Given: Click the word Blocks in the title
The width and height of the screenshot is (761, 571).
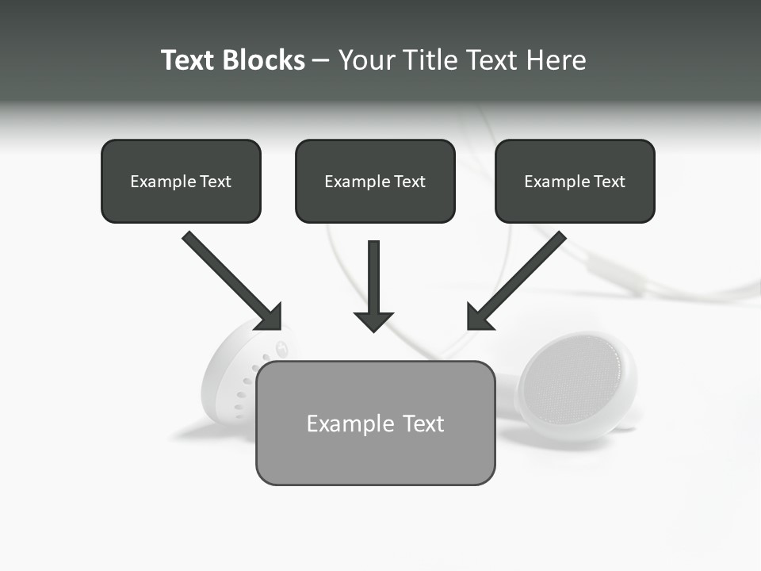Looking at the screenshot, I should click(264, 60).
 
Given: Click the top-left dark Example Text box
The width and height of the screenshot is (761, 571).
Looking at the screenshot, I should click(181, 181).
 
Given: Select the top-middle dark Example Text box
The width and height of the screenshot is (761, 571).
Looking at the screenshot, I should click(375, 181).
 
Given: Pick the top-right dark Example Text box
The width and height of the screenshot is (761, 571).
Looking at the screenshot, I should click(575, 181).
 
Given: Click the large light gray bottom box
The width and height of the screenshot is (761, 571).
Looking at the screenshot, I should click(375, 423).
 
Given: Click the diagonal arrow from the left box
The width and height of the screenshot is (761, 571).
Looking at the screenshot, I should click(226, 274).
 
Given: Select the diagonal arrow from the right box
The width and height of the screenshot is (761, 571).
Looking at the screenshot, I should click(523, 274).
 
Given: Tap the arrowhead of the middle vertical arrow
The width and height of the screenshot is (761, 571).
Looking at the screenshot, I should click(374, 321).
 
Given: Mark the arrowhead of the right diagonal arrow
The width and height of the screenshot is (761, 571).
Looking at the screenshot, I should click(479, 317).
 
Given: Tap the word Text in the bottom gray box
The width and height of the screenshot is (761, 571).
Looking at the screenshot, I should click(423, 423).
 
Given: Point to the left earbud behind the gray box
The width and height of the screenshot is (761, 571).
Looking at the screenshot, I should click(230, 373).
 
